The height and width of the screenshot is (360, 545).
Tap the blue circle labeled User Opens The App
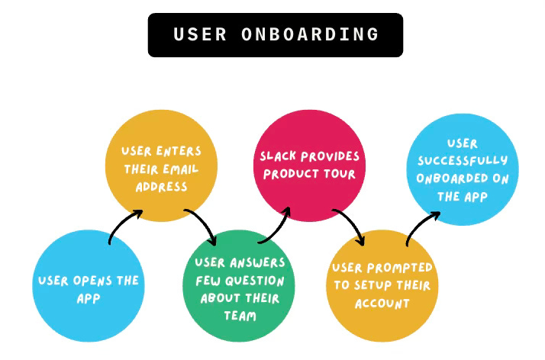88,286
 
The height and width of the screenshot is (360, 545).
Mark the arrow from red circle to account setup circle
350,225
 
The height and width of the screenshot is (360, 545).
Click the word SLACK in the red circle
276,156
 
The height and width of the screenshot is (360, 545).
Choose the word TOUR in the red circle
343,175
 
